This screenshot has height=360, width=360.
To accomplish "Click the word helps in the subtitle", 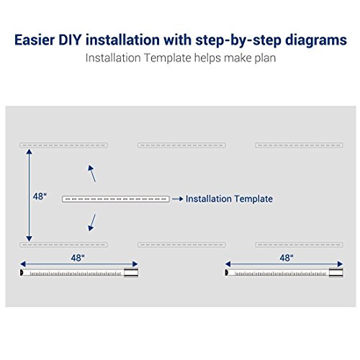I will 204,57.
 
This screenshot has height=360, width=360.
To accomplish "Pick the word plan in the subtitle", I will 261,57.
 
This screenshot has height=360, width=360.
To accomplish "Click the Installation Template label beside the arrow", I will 229,199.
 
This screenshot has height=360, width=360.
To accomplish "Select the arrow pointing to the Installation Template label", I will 177,199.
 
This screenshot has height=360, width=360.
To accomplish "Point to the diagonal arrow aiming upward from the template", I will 91,173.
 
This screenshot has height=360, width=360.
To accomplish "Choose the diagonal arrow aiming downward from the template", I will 91,222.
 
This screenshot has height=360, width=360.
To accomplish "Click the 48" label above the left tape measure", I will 77,257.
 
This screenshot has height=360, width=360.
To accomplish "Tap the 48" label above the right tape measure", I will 286,257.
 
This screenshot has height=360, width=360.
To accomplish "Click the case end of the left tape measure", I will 130,273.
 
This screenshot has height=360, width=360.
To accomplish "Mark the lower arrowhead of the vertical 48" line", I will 29,238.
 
